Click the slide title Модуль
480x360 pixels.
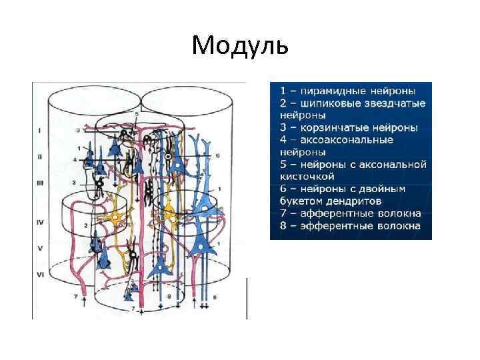tap(240, 45)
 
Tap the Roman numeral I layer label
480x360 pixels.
tap(40, 130)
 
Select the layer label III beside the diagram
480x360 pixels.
tap(40, 181)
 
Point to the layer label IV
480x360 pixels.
tap(40, 220)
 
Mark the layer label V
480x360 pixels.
tap(40, 247)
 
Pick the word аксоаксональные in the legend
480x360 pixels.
tap(347, 140)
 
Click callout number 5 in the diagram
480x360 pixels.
tap(136, 114)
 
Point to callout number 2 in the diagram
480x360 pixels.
tap(87, 226)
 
